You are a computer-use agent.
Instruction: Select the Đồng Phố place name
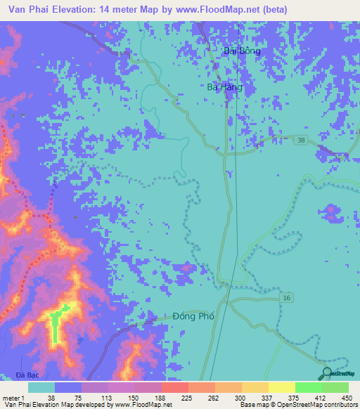tap(192, 316)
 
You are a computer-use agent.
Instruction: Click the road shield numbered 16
tap(287, 298)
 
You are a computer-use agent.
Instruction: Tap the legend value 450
tap(345, 397)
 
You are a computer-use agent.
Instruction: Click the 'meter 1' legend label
tap(13, 397)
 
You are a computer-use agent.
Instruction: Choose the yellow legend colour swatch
tap(281, 387)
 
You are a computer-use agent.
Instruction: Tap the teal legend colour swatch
tap(41, 387)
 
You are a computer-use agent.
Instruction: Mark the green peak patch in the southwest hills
tap(55, 325)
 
